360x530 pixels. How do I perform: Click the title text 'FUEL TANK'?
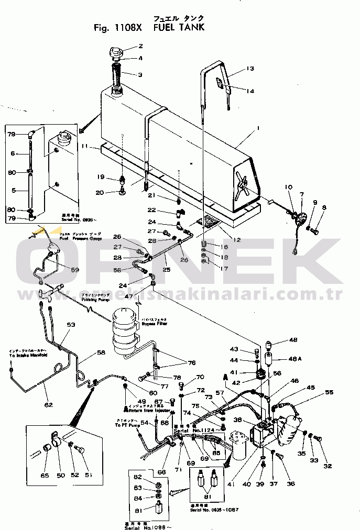click(179, 28)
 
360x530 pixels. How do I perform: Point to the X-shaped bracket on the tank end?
click(242, 184)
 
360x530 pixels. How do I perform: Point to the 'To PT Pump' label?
click(128, 422)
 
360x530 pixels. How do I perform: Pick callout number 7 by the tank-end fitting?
click(302, 194)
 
